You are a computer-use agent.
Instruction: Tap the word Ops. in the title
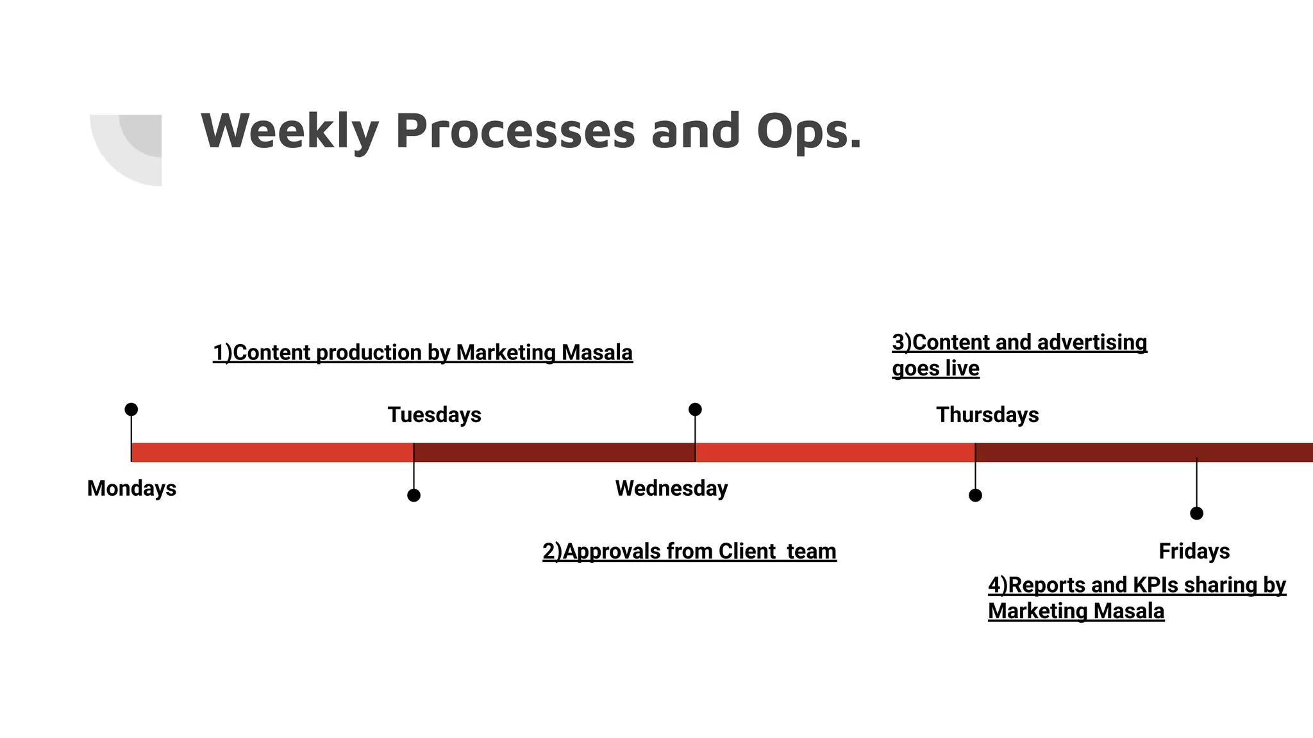(x=809, y=131)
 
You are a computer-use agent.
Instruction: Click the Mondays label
(x=131, y=488)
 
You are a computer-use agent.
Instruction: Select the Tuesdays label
(x=434, y=414)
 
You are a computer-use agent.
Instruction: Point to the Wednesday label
(x=671, y=488)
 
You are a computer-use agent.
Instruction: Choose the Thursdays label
(x=987, y=414)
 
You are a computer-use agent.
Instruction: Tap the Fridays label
(x=1194, y=551)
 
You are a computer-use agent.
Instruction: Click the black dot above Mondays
(x=131, y=409)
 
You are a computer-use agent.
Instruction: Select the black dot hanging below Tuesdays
(x=414, y=495)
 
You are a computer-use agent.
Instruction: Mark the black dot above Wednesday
(x=695, y=409)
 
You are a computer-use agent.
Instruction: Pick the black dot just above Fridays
(x=1196, y=513)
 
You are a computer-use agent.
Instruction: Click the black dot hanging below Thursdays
(x=975, y=495)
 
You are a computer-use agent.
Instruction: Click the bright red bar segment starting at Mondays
(x=272, y=452)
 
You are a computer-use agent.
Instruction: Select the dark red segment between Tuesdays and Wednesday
(x=555, y=452)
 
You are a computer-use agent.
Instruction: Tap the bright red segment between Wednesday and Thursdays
(x=835, y=452)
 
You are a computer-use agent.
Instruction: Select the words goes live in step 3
(x=935, y=368)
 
